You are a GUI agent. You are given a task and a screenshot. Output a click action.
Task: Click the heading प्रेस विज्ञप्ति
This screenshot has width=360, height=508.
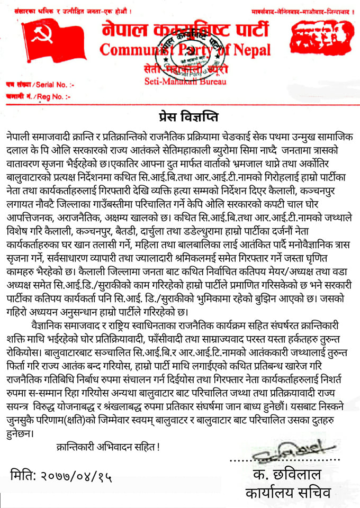180,115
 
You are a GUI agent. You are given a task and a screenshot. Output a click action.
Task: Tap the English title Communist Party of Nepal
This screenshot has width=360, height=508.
185,50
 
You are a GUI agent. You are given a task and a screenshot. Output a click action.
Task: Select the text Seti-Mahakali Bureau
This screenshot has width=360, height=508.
185,81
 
